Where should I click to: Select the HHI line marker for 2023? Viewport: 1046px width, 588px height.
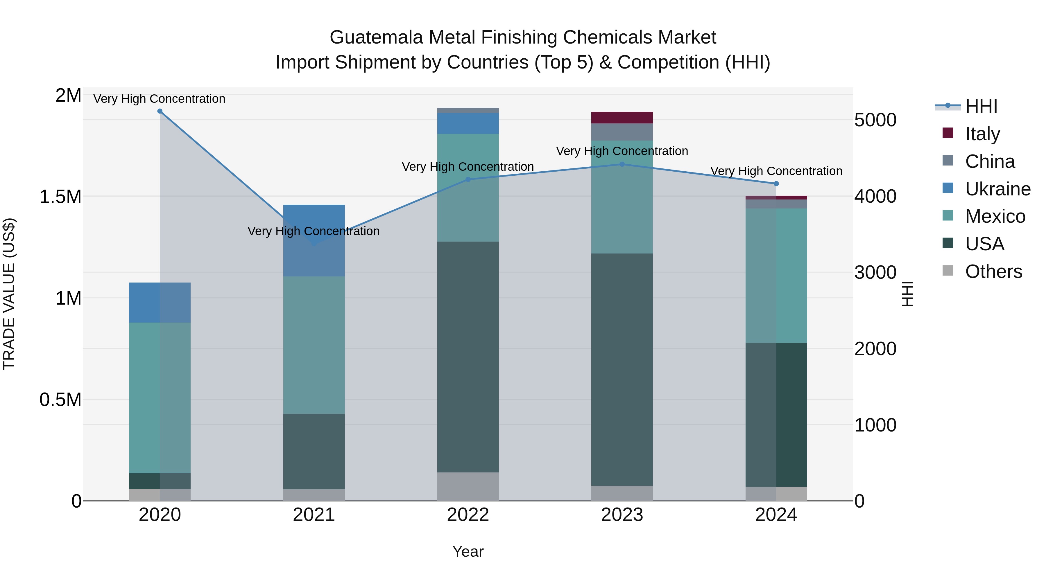point(622,164)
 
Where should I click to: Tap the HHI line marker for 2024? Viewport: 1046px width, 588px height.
point(776,184)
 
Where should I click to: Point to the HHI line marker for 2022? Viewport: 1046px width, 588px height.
point(468,179)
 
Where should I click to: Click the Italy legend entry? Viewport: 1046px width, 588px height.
point(982,134)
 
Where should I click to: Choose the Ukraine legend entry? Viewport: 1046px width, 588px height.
point(997,189)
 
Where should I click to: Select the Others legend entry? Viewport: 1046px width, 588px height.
point(993,271)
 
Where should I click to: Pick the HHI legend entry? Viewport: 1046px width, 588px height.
point(981,106)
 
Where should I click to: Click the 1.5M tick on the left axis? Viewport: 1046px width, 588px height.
point(60,197)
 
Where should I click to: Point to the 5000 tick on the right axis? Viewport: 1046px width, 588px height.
point(875,120)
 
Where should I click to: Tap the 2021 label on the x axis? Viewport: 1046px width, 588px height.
point(314,515)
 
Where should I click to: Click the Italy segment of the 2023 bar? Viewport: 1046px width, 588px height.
point(622,118)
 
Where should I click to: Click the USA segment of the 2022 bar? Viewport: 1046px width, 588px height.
point(468,357)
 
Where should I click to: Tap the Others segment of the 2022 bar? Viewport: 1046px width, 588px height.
point(468,487)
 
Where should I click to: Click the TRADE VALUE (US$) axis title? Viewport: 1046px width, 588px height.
point(9,294)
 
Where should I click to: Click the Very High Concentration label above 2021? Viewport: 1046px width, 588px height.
point(314,231)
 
